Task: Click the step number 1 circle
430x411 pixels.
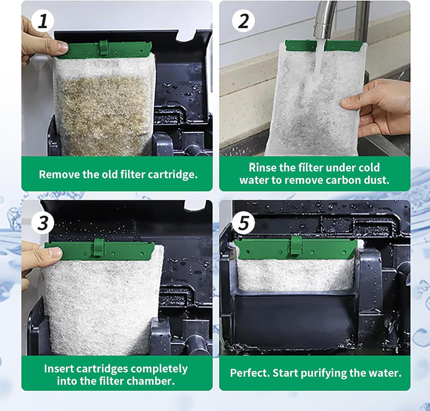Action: [x=42, y=21]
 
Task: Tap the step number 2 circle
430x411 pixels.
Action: [x=243, y=21]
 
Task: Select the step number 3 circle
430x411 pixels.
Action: [x=42, y=222]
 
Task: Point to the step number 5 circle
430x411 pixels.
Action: [x=243, y=222]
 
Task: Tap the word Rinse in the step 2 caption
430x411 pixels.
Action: [x=263, y=168]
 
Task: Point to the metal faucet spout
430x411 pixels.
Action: [x=325, y=20]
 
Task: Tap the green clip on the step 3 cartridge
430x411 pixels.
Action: [x=99, y=248]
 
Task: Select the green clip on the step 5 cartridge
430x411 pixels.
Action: [x=296, y=245]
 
